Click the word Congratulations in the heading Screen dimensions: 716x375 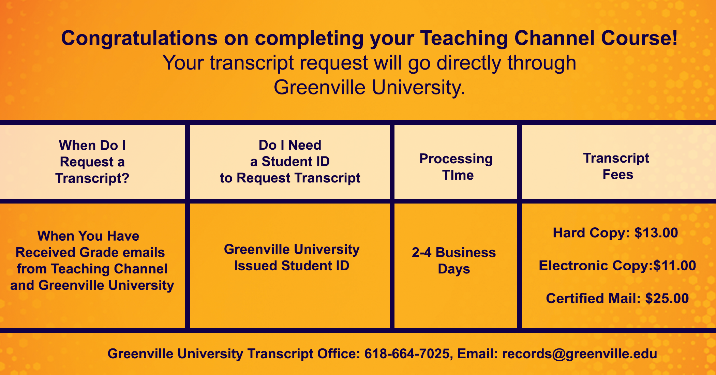click(x=139, y=39)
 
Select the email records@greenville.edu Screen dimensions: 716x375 click(x=580, y=354)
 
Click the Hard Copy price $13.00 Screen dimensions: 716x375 click(x=656, y=233)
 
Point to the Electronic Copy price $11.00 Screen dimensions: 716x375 click(x=674, y=266)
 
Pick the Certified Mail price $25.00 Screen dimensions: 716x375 click(x=667, y=298)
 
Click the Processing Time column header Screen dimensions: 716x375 click(x=456, y=167)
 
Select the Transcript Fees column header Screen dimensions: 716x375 click(x=616, y=166)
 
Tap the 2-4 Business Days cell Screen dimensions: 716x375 click(x=454, y=261)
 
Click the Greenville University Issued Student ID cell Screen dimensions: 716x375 click(x=292, y=257)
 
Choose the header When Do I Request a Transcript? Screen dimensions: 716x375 click(x=92, y=162)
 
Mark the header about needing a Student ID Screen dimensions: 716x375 click(x=290, y=162)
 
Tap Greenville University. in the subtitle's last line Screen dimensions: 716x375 click(x=369, y=88)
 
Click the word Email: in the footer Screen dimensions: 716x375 click(x=478, y=354)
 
